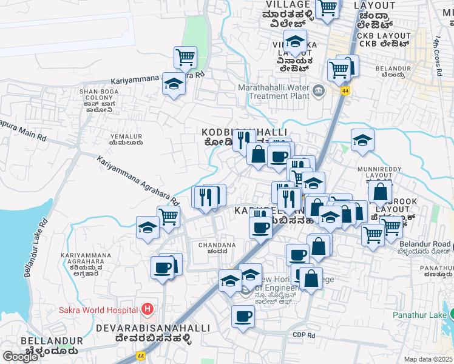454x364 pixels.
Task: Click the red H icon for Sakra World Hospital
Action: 146,310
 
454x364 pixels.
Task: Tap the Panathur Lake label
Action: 419,315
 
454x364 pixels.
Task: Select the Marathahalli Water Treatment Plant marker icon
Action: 319,91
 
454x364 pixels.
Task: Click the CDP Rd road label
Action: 303,334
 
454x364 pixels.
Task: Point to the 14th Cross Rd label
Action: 437,55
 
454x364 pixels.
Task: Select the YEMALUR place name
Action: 125,136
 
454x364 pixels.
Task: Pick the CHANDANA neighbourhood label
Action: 217,244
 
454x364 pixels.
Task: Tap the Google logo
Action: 20,357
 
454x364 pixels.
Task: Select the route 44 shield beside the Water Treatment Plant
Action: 345,91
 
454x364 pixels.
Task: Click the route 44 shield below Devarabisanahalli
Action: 141,356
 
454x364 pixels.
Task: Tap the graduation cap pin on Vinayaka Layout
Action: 295,42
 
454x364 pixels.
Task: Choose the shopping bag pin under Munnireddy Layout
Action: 380,192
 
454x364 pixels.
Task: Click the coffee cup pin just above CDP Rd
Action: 243,316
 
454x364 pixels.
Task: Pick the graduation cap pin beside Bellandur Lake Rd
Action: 147,227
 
